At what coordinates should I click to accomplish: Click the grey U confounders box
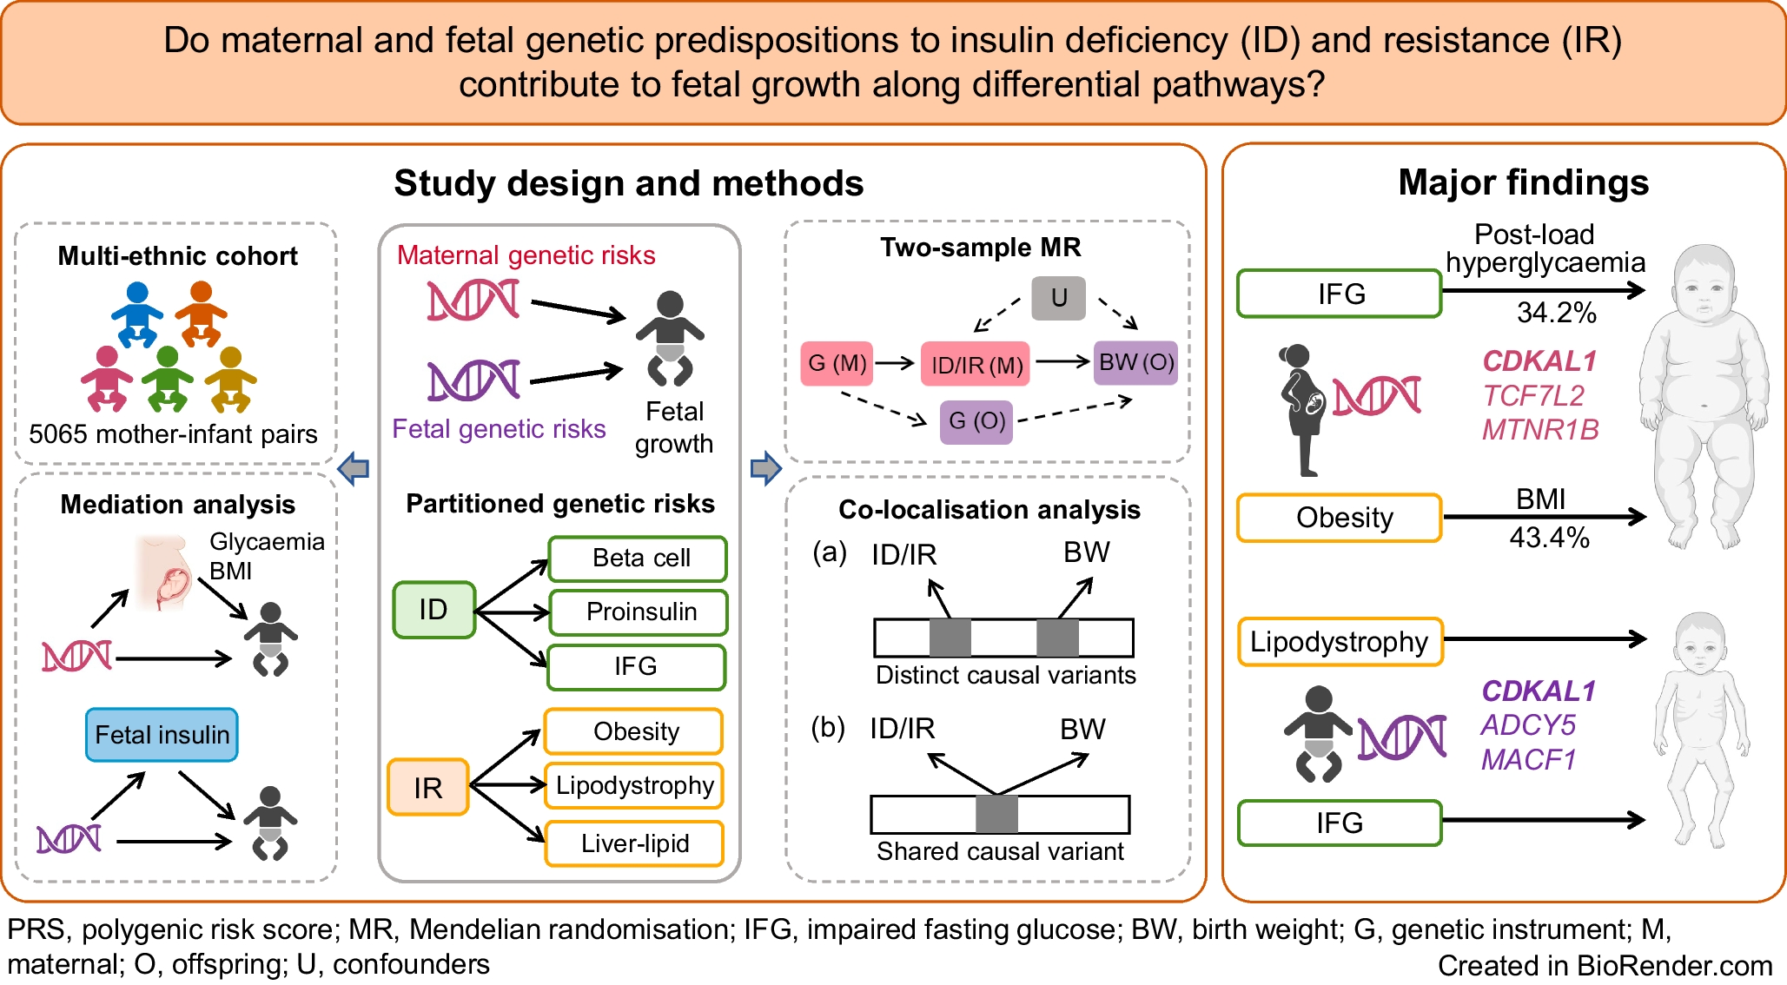(x=1058, y=298)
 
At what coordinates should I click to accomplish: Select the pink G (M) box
(x=837, y=363)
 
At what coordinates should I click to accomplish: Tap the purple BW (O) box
(x=1135, y=362)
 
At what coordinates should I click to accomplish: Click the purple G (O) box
(x=976, y=421)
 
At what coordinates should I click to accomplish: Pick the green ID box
(x=434, y=610)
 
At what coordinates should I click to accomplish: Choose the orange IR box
(x=428, y=787)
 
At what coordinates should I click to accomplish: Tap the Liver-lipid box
(x=634, y=843)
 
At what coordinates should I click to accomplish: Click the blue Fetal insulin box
(x=162, y=735)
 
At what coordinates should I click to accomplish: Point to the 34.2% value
(x=1556, y=313)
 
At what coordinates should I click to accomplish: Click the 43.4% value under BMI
(x=1549, y=538)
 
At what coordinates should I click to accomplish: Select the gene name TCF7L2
(x=1533, y=396)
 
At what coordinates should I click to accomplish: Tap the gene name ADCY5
(x=1528, y=725)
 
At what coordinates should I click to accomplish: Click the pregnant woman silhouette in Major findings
(x=1301, y=408)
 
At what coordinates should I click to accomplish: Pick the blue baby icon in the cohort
(x=137, y=314)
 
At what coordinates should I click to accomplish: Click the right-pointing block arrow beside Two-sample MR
(x=765, y=469)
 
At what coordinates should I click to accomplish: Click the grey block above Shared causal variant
(x=996, y=814)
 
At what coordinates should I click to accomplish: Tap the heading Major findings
(x=1523, y=182)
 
